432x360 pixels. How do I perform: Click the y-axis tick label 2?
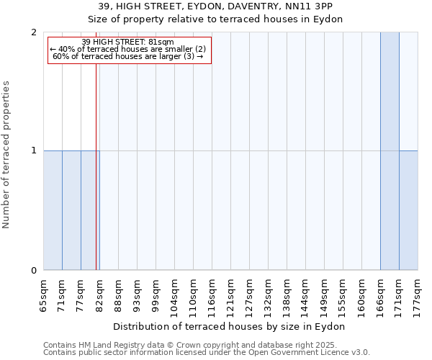click(34, 32)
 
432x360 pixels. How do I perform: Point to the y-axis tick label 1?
click(34, 150)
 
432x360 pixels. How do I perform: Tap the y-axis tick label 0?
click(34, 271)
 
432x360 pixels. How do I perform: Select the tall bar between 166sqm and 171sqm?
click(390, 151)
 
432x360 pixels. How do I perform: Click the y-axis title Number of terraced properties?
click(6, 155)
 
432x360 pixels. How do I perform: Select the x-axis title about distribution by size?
click(230, 326)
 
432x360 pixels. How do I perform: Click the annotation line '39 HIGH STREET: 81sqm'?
click(128, 42)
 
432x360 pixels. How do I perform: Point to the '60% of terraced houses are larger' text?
click(128, 56)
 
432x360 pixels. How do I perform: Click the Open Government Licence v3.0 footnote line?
click(207, 352)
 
